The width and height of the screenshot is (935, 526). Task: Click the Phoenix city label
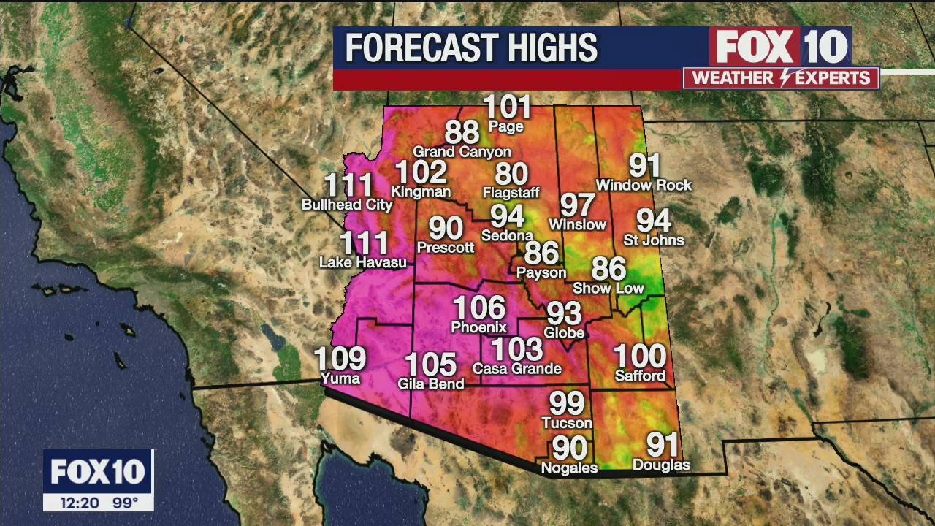point(478,327)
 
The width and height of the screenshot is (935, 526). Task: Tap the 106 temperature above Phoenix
point(478,308)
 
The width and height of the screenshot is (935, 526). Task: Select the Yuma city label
point(340,378)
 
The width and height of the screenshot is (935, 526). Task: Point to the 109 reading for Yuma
point(340,359)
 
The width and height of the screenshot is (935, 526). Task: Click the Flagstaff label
point(511,193)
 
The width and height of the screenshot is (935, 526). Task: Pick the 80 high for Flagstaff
point(511,174)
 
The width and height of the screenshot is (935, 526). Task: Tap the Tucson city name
point(567,423)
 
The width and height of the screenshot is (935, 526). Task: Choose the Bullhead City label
point(347,205)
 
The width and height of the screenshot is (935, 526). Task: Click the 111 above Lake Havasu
point(364,243)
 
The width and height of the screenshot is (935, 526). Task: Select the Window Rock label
point(644,186)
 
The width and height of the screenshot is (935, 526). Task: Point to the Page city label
point(506,126)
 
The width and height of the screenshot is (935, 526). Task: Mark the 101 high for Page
point(507,107)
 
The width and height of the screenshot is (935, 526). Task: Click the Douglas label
point(661,465)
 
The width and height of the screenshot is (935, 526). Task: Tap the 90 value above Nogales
point(570,448)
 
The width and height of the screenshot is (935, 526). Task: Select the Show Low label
point(608,288)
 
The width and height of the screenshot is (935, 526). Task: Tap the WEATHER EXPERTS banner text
point(780,78)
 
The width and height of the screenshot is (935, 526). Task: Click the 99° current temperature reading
point(125,503)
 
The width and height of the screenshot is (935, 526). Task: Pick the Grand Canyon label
point(462,152)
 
